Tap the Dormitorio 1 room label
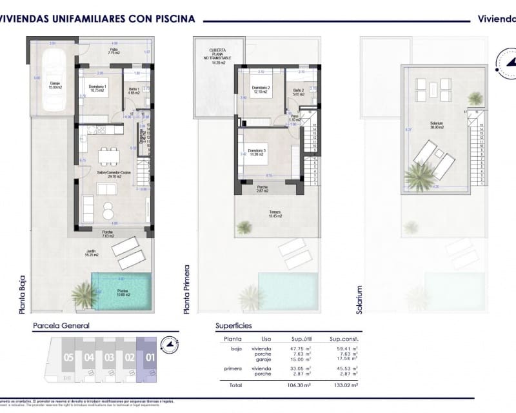tap(97, 88)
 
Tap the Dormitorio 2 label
tap(261, 90)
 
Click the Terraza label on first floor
tap(275, 214)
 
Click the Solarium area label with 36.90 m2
tap(437, 125)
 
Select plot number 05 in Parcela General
tap(68, 357)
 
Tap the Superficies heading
tap(233, 326)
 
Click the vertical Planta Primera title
tap(188, 289)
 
